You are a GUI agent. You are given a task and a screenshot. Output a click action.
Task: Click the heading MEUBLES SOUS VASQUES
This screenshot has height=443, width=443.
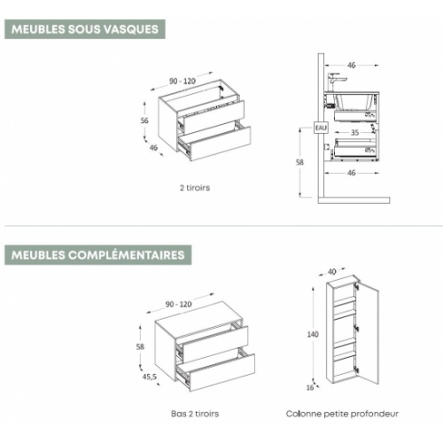pyautogui.click(x=85, y=29)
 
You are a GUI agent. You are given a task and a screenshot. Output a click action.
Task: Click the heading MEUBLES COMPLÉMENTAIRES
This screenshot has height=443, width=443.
pyautogui.click(x=97, y=255)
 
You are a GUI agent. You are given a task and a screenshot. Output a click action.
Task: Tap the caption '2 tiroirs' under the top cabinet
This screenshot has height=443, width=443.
pyautogui.click(x=195, y=188)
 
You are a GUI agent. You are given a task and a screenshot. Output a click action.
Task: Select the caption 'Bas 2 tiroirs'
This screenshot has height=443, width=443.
pyautogui.click(x=195, y=414)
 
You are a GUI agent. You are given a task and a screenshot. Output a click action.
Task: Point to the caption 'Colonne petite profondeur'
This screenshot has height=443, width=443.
pyautogui.click(x=342, y=414)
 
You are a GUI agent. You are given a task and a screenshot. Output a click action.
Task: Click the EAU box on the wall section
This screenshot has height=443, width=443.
pyautogui.click(x=321, y=128)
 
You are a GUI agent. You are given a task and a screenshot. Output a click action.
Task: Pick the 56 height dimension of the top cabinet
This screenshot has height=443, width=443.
pyautogui.click(x=144, y=120)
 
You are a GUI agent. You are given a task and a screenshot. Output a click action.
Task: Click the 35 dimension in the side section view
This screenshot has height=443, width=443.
pyautogui.click(x=354, y=133)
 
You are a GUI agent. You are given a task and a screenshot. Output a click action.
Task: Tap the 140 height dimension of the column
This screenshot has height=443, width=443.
pyautogui.click(x=313, y=334)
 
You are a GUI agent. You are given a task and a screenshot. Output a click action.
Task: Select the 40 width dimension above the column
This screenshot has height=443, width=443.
pyautogui.click(x=332, y=271)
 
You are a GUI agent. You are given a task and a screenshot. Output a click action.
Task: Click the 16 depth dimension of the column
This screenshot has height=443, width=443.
pyautogui.click(x=310, y=387)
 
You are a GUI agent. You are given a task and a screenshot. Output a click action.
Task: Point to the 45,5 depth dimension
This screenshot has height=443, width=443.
pyautogui.click(x=150, y=377)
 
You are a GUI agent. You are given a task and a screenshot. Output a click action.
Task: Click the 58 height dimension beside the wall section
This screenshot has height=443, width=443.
pyautogui.click(x=299, y=162)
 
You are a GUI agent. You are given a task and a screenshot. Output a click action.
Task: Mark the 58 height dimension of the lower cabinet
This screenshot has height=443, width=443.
pyautogui.click(x=140, y=346)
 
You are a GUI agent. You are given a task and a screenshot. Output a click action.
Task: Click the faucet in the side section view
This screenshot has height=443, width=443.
pyautogui.click(x=335, y=82)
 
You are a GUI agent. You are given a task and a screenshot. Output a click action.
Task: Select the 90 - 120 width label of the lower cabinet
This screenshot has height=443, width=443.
pyautogui.click(x=178, y=304)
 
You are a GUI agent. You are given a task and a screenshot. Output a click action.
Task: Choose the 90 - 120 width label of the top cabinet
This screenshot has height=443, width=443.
pyautogui.click(x=183, y=81)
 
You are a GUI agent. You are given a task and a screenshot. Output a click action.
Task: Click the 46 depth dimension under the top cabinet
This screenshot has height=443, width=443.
pyautogui.click(x=153, y=148)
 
